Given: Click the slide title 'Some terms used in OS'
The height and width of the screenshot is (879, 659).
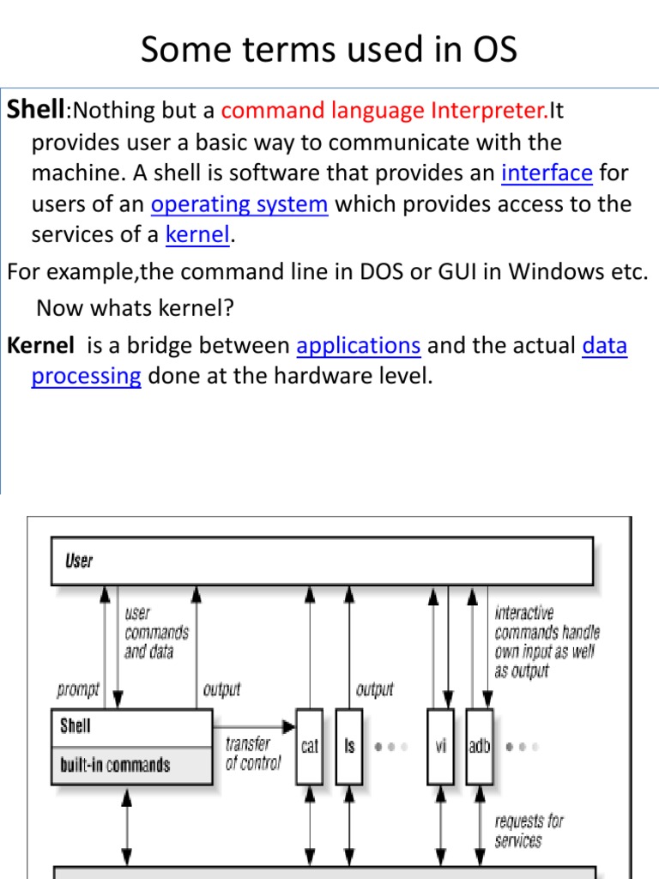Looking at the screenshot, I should click(x=329, y=50).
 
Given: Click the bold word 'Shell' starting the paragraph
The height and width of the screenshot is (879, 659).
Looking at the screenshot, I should click(x=36, y=109).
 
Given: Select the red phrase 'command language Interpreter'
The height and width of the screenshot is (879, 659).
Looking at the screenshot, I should click(x=384, y=111).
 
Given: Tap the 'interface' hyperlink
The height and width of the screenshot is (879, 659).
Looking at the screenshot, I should click(x=547, y=173).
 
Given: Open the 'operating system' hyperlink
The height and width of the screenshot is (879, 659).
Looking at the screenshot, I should click(x=239, y=205).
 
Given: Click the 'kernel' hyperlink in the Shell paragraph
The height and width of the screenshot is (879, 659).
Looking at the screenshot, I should click(x=197, y=235).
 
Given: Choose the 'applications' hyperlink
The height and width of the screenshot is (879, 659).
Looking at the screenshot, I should click(x=358, y=346).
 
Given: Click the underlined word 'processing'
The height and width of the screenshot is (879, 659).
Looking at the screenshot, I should click(x=86, y=376).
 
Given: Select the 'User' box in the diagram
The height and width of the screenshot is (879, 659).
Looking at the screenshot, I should click(x=322, y=561).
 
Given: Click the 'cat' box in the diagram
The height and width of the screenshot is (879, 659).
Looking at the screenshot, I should click(x=309, y=746).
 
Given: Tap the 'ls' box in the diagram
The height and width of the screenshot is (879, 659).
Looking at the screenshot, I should click(x=349, y=746).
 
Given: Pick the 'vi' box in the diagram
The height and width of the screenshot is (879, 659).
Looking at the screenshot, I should click(x=440, y=746).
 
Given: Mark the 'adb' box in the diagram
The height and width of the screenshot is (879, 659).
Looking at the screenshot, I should click(x=479, y=746).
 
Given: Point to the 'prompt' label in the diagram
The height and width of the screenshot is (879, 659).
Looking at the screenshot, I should click(x=78, y=689).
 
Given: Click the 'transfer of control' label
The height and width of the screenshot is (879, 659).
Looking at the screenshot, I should click(x=252, y=754).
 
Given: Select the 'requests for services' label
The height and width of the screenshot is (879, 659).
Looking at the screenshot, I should click(x=529, y=831).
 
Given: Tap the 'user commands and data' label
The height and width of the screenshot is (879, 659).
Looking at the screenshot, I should click(x=156, y=633).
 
